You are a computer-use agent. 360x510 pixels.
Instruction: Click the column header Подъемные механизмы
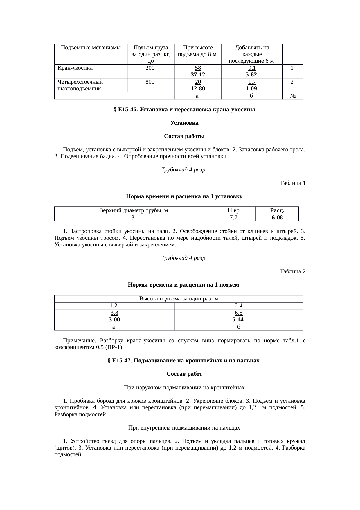point(91,48)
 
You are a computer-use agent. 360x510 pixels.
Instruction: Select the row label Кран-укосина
point(75,68)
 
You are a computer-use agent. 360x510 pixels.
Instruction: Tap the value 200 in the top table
point(150,68)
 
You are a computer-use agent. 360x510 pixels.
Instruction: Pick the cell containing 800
point(150,82)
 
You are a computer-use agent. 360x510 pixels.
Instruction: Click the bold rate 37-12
point(198,74)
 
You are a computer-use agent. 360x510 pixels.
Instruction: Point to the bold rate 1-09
point(252,88)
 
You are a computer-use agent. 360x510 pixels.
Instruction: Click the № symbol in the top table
point(293,96)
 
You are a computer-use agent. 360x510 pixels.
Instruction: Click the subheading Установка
point(184,123)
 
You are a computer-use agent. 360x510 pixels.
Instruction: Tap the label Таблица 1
point(292,183)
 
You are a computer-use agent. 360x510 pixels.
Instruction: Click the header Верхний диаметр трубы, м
point(134,210)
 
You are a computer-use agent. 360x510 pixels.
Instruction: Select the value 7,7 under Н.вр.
point(234,217)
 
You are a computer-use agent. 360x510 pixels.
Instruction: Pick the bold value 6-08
point(277,217)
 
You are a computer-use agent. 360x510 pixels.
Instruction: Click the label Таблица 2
point(292,271)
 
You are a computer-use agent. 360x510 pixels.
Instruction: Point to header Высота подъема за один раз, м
point(179,298)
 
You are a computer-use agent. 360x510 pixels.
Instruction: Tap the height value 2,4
point(238,305)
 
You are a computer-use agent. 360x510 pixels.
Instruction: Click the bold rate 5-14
point(238,320)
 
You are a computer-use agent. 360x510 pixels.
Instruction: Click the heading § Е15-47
point(184,361)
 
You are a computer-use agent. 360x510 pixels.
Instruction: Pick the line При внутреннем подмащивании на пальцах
point(184,428)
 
